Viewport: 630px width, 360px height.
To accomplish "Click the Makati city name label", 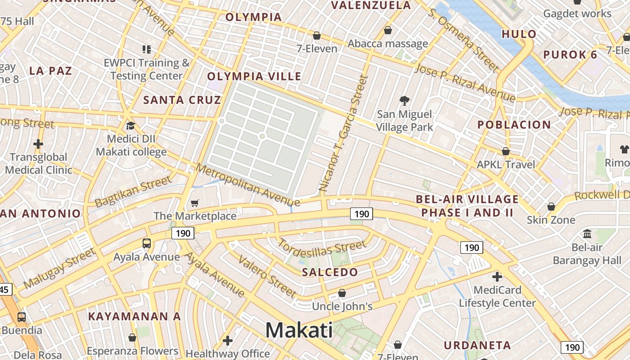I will click(x=299, y=330).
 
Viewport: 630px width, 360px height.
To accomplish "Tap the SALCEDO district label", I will click(x=330, y=272).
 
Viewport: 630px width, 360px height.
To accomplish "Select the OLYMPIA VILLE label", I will click(x=254, y=76).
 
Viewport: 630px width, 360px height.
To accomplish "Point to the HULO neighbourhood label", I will click(x=519, y=34).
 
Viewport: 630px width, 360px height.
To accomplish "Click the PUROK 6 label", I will click(x=571, y=55).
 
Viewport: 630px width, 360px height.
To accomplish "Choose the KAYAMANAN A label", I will click(x=135, y=316).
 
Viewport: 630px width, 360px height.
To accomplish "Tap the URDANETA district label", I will click(x=477, y=346).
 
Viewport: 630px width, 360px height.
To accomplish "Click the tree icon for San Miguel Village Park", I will click(x=405, y=101).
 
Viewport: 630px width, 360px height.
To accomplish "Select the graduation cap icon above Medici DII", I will click(x=130, y=126).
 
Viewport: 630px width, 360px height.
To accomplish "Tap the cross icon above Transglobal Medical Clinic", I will click(x=38, y=144).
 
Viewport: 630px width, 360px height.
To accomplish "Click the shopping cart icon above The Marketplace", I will click(x=194, y=203).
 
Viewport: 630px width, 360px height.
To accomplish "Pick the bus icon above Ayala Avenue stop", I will click(x=147, y=243).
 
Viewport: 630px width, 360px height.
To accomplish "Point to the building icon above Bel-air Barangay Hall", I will click(x=587, y=234).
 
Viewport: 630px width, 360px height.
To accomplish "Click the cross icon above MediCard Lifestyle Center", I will click(x=497, y=276).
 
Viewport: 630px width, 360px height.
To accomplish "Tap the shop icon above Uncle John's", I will click(x=342, y=293).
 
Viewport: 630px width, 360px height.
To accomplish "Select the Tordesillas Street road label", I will click(x=322, y=248).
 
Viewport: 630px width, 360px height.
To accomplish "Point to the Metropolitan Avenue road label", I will click(x=247, y=185).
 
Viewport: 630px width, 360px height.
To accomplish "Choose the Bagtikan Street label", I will click(x=134, y=191).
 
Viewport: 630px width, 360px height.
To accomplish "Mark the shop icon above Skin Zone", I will click(x=551, y=207).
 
